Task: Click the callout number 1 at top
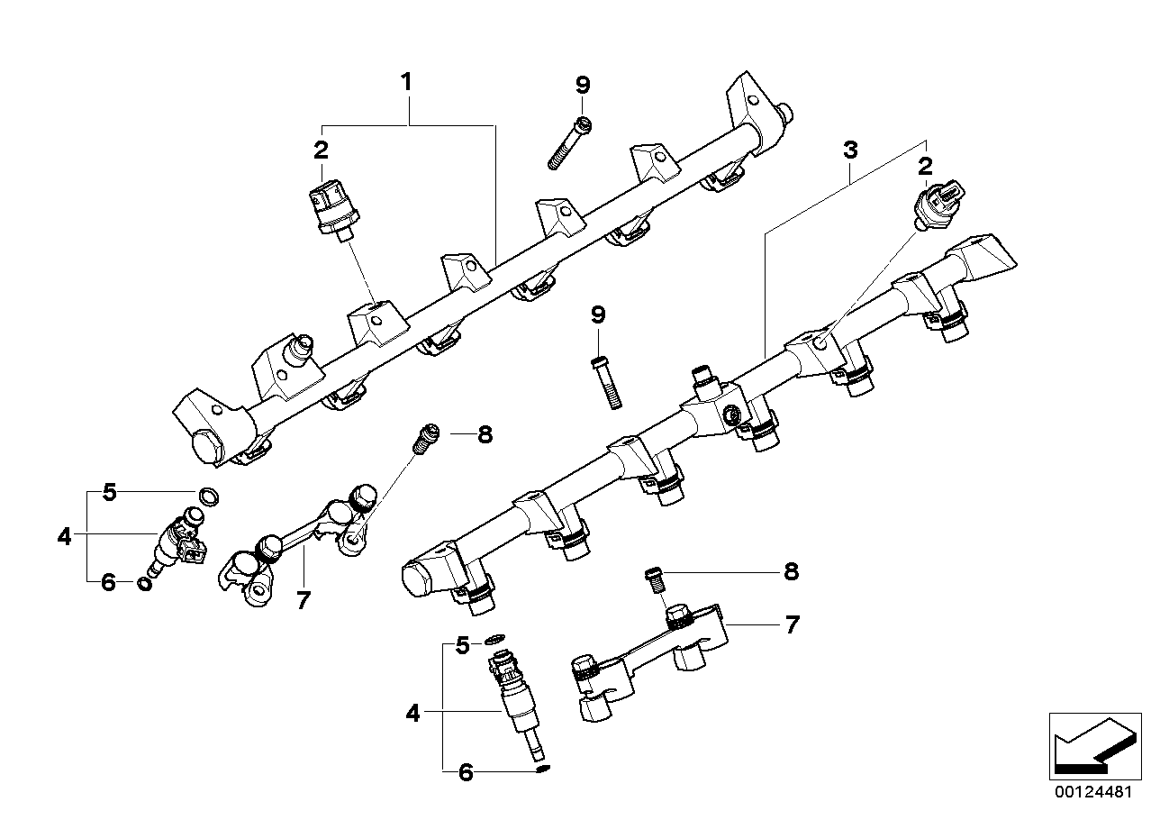point(406,82)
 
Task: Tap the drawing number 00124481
point(1094,793)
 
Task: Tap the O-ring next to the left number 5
point(208,495)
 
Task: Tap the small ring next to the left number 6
point(144,584)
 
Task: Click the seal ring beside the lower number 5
point(494,641)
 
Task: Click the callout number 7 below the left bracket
point(304,600)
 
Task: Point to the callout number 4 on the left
point(64,537)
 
